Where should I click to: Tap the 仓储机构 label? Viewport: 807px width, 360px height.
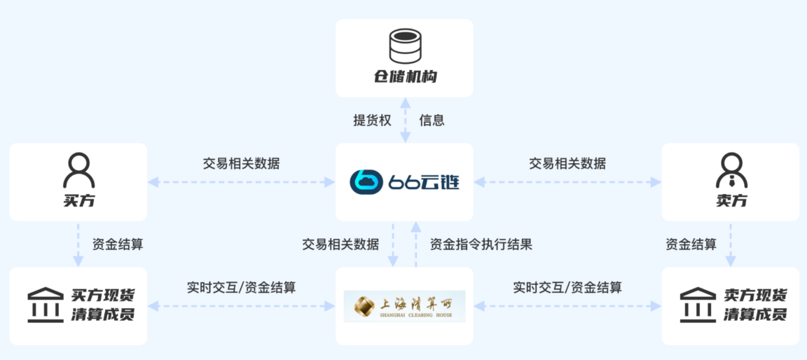(405, 76)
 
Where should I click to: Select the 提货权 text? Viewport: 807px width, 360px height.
(372, 120)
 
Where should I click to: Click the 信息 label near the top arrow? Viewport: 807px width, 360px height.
(432, 120)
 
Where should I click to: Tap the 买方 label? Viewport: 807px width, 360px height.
(78, 201)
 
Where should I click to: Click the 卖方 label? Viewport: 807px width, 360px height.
(731, 201)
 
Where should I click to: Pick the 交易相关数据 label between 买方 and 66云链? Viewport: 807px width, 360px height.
(241, 164)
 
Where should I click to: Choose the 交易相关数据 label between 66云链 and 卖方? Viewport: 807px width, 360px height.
(567, 164)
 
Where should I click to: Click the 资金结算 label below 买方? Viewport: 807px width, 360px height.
(118, 244)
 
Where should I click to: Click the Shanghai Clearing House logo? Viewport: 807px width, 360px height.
(404, 306)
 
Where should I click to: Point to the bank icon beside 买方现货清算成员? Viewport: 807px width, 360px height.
(45, 305)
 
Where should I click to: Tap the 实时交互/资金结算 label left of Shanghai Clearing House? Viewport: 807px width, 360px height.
(241, 287)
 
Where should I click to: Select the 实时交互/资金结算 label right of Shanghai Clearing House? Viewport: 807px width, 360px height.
(567, 287)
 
